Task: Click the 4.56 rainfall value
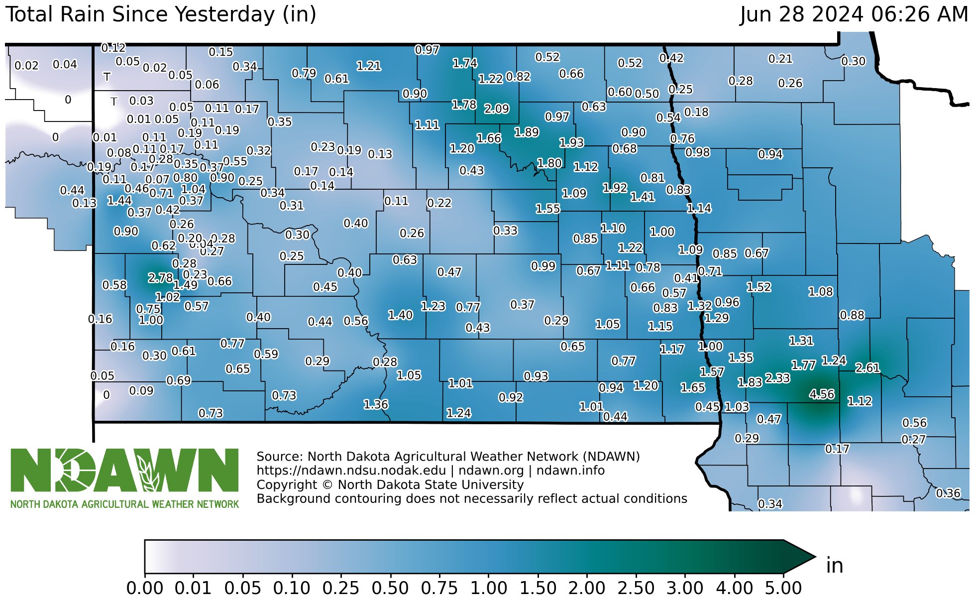[x=822, y=394]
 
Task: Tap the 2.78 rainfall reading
[x=160, y=278]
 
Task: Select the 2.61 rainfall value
[x=867, y=367]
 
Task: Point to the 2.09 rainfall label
[x=497, y=109]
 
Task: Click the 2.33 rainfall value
[x=777, y=378]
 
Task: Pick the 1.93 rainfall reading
[x=571, y=143]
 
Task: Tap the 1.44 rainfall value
[x=119, y=201]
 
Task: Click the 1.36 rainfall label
[x=376, y=404]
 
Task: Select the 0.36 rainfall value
[x=948, y=493]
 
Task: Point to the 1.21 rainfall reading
[x=369, y=66]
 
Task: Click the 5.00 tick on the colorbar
[x=783, y=588]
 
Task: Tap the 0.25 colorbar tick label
[x=340, y=588]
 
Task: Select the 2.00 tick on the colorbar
[x=587, y=588]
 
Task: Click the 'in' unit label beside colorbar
[x=835, y=566]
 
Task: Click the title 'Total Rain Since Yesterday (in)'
[x=160, y=14]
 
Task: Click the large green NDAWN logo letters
[x=124, y=470]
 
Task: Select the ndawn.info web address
[x=570, y=471]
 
